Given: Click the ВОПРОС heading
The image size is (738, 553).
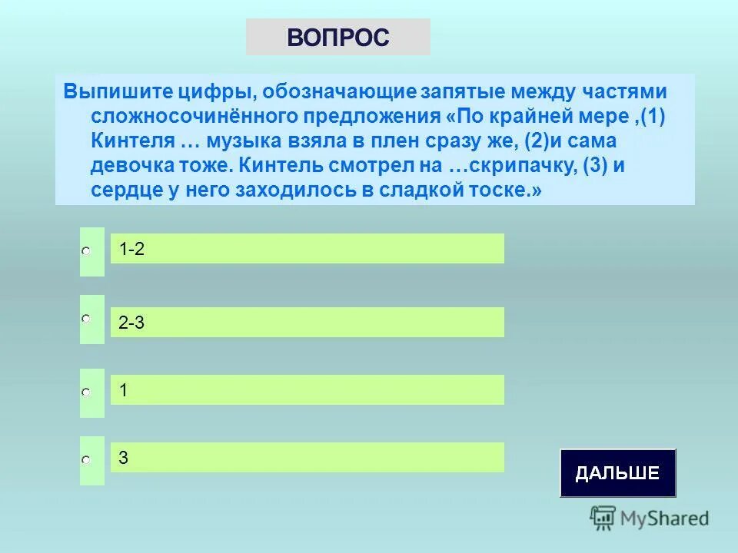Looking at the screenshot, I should pos(338,37).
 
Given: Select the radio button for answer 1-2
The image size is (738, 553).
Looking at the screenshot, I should pos(87,251).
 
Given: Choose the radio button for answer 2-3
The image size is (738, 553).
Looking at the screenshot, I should pos(87,318).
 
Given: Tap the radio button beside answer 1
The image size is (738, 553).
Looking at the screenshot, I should pos(87,392).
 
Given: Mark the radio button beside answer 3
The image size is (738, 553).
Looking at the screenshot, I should pos(87,459).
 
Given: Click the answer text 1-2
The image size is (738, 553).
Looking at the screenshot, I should pos(131,249).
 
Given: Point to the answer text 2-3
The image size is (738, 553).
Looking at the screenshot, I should pos(131,323).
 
